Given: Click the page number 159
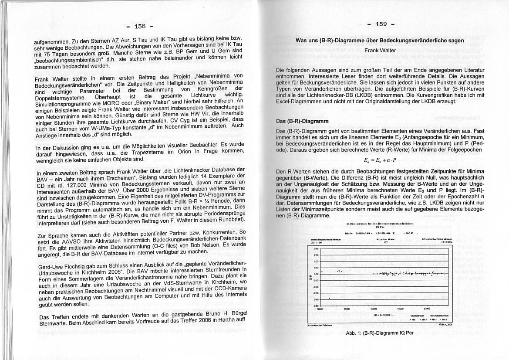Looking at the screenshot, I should (381, 24).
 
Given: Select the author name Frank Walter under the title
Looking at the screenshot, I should (381, 51).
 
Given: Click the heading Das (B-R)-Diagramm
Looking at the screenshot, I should (302, 121).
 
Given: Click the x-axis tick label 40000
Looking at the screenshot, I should (373, 309).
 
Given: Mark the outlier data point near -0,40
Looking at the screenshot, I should (329, 299).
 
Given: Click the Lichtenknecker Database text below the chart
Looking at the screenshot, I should (319, 325).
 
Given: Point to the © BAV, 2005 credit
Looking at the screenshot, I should (446, 325).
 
